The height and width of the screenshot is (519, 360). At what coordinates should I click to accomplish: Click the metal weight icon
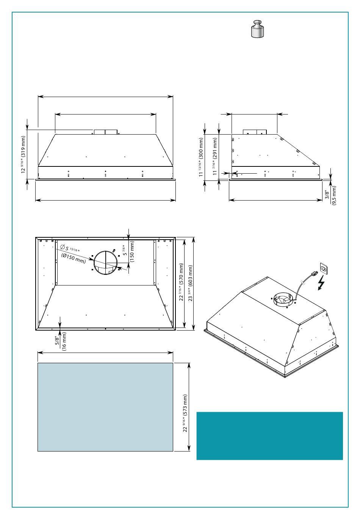(257, 29)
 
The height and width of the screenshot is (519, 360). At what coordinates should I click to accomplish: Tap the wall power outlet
(323, 269)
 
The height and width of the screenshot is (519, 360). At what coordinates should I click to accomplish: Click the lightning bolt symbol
(321, 283)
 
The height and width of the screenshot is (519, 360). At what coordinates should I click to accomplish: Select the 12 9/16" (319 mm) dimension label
(23, 154)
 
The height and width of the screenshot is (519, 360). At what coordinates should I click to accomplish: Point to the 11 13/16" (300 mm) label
(201, 157)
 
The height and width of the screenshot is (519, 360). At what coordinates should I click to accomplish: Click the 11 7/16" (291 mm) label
(215, 157)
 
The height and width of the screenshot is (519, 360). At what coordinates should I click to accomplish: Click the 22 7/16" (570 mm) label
(182, 282)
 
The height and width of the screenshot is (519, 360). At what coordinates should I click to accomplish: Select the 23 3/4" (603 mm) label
(191, 283)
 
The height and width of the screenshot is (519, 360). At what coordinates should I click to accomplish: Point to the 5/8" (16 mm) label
(61, 341)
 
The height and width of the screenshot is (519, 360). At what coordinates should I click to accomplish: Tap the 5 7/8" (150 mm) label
(128, 251)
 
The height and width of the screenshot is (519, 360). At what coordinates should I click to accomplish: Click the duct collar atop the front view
(105, 132)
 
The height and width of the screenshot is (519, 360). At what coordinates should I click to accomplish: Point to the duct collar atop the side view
(255, 132)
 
